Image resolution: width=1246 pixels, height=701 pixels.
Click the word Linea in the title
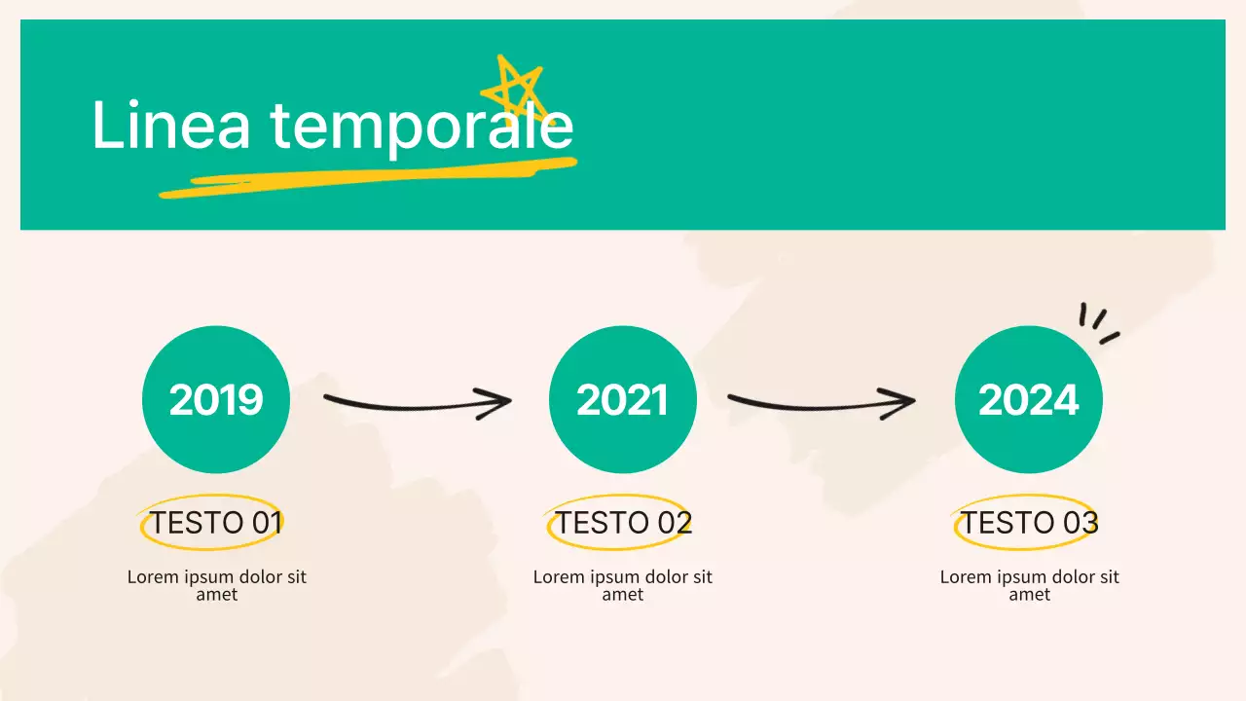170,126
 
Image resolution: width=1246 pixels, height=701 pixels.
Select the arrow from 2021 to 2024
820,401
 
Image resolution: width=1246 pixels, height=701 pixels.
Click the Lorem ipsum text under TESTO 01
216,585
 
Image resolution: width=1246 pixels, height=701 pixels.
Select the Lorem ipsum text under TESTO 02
623,585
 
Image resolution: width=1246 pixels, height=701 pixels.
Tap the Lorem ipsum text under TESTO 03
1029,585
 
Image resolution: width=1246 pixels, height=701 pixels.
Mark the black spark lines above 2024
1098,323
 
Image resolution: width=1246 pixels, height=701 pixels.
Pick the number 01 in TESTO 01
266,523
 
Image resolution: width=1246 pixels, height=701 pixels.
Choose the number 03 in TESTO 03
1080,523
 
